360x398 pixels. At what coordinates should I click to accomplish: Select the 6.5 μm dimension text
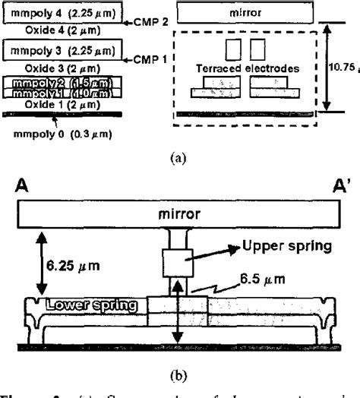tap(256, 280)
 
